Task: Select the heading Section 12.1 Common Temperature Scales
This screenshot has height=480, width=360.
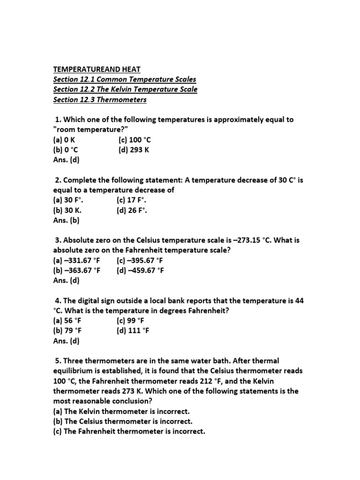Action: (x=125, y=79)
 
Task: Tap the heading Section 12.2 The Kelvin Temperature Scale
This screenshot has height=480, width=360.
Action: (x=125, y=89)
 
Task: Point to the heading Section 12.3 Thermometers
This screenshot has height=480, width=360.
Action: (x=100, y=99)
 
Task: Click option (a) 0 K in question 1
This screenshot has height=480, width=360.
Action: (x=64, y=140)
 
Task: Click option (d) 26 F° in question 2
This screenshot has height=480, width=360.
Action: (x=132, y=210)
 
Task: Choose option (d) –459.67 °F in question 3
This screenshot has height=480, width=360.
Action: (x=140, y=270)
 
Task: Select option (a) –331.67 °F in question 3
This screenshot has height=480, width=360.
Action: (x=77, y=260)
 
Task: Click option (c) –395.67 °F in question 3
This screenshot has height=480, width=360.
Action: (x=140, y=260)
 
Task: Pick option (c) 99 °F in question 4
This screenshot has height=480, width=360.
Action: (x=130, y=321)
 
